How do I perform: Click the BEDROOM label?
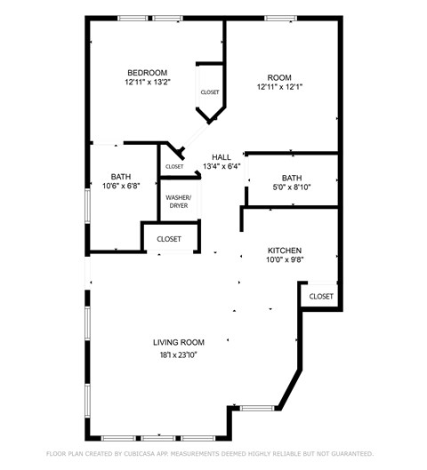[x=147, y=73]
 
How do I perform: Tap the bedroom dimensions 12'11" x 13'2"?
[x=147, y=83]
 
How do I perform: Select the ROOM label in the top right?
[x=279, y=77]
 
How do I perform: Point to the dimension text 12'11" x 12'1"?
[x=279, y=87]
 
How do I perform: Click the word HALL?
[x=222, y=157]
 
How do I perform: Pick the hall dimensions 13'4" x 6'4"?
[x=222, y=166]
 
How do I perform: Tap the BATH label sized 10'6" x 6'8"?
[x=121, y=176]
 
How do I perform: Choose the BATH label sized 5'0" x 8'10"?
[x=292, y=178]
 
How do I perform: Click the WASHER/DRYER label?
[x=179, y=201]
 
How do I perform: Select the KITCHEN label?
[x=285, y=251]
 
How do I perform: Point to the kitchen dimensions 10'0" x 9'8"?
[x=285, y=260]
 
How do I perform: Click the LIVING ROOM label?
[x=179, y=342]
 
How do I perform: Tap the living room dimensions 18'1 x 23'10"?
[x=179, y=354]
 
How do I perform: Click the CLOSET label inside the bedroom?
[x=210, y=92]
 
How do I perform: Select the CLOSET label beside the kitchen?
[x=320, y=296]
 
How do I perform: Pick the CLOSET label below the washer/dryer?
[x=169, y=239]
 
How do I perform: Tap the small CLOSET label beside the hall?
[x=174, y=166]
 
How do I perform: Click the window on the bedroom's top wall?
[x=133, y=18]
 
